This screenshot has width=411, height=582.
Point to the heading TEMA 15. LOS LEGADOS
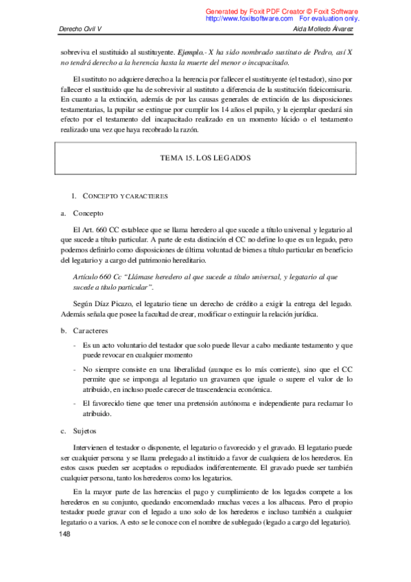point(205,157)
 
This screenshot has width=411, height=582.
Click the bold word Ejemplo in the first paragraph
point(190,52)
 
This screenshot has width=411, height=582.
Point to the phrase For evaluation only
point(329,19)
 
